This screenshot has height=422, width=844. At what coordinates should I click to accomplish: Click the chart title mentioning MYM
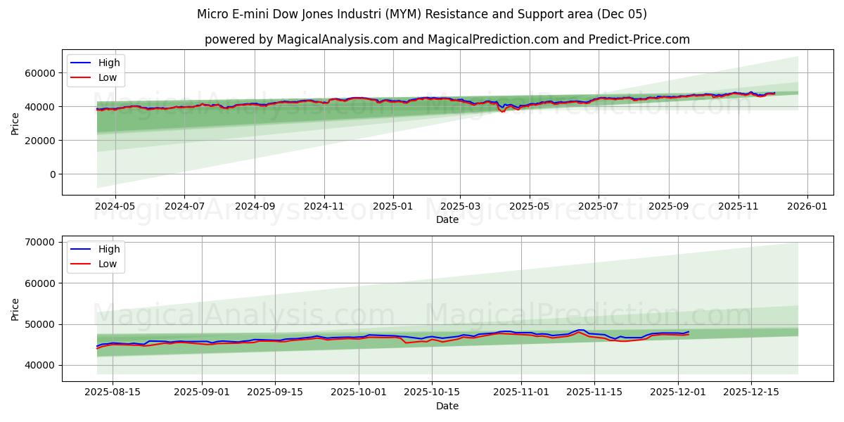422,14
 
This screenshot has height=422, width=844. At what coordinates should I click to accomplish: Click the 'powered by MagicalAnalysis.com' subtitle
447,39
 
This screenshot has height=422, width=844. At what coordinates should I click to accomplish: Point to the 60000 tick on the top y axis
40,73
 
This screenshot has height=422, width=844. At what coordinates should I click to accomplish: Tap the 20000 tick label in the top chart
40,141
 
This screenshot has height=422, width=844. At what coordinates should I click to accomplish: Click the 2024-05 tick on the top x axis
115,207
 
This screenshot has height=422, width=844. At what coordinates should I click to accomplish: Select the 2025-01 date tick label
392,207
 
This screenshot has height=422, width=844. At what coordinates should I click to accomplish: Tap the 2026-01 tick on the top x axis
807,207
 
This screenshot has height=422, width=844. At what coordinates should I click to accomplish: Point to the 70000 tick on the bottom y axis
40,242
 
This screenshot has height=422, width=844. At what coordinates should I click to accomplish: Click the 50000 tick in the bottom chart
40,324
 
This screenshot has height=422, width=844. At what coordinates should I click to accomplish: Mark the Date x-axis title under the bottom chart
447,406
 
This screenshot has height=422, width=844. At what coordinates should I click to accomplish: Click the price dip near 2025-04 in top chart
502,111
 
